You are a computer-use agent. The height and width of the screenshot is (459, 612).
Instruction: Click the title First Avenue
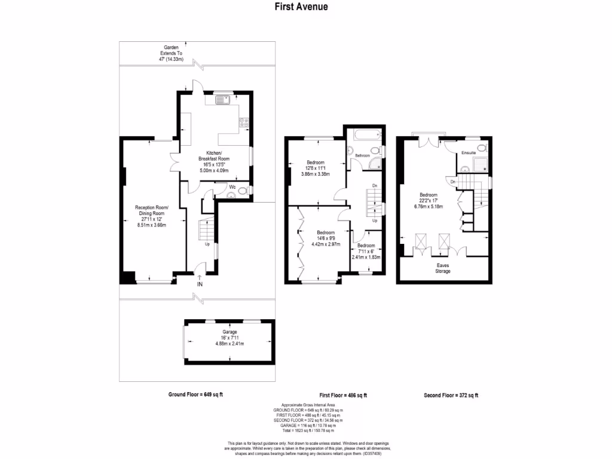click(301, 7)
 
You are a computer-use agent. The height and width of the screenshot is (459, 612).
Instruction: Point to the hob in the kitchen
click(244, 124)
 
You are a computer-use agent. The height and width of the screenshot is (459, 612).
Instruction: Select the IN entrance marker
click(200, 283)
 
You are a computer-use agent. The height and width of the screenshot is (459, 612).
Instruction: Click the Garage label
click(230, 332)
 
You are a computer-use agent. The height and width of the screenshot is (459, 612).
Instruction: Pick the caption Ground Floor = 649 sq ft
click(196, 394)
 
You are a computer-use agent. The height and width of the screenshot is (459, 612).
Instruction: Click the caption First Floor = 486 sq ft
click(342, 395)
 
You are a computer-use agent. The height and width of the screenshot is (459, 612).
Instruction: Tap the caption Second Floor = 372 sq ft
click(451, 395)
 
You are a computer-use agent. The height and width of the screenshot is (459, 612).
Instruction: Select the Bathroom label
click(363, 155)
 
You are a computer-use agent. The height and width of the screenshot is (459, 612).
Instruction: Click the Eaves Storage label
click(443, 267)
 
